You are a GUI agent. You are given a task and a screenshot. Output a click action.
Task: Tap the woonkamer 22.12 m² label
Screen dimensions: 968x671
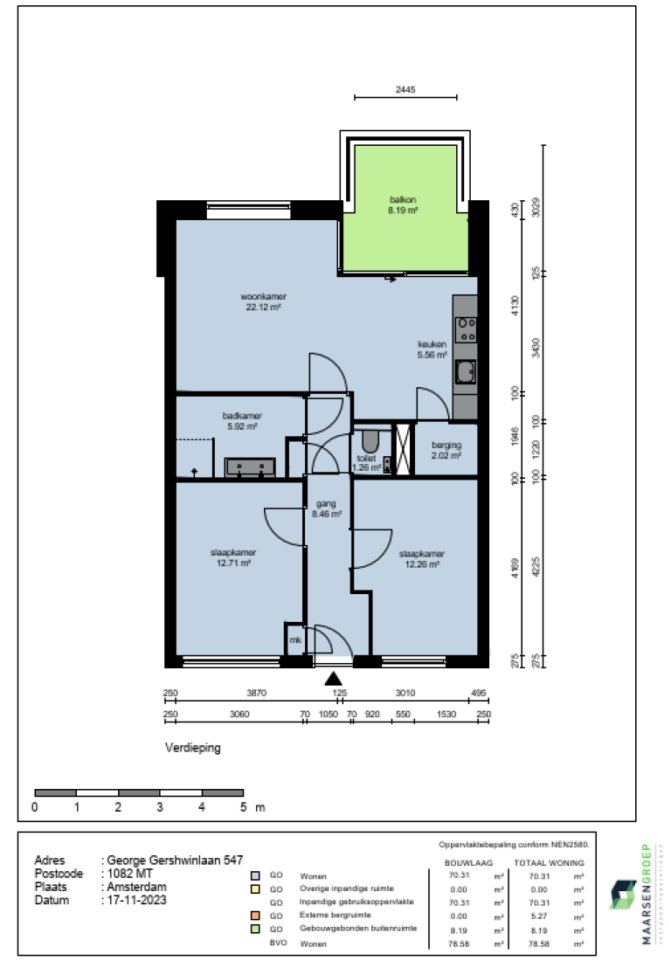coord(263,301)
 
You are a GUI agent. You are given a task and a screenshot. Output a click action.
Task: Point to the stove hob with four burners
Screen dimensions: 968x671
coord(466,328)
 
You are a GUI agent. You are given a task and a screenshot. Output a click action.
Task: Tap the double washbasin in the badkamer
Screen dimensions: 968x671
coord(251,467)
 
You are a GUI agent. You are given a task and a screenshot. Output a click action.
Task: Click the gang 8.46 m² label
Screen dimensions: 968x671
coord(327,509)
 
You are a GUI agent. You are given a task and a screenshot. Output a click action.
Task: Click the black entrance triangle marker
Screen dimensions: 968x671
coord(333,678)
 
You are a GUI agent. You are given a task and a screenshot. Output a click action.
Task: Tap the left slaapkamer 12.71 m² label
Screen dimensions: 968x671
coord(231,557)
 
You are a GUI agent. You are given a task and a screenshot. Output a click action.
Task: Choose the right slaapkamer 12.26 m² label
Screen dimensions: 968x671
coord(421,558)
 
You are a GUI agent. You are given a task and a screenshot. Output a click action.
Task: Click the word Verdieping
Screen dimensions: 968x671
coord(193,749)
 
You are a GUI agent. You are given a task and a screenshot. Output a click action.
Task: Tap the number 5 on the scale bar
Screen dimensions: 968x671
coord(244,808)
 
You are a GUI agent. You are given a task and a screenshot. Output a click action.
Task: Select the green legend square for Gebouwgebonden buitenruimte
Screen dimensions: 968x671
coord(254,928)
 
